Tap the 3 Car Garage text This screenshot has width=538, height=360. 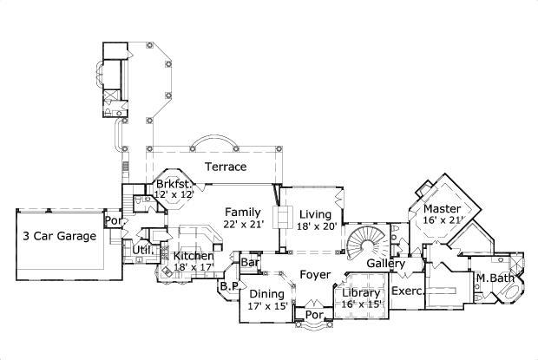click(60, 236)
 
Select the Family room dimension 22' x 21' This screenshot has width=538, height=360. click(244, 224)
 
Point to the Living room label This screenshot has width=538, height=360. click(316, 213)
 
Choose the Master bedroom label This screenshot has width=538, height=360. click(441, 209)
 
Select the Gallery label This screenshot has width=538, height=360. click(387, 263)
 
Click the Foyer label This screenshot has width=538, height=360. click(314, 275)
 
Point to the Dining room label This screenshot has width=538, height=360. click(266, 294)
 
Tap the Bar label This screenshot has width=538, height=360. click(251, 263)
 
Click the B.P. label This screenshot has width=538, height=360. click(229, 285)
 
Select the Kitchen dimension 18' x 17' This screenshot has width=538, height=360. click(193, 268)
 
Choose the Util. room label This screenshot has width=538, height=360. click(142, 250)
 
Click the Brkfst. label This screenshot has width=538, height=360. click(174, 184)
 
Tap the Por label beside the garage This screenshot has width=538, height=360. click(112, 221)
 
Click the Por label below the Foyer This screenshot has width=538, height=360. click(313, 316)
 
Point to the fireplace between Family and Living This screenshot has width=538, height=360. click(282, 218)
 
